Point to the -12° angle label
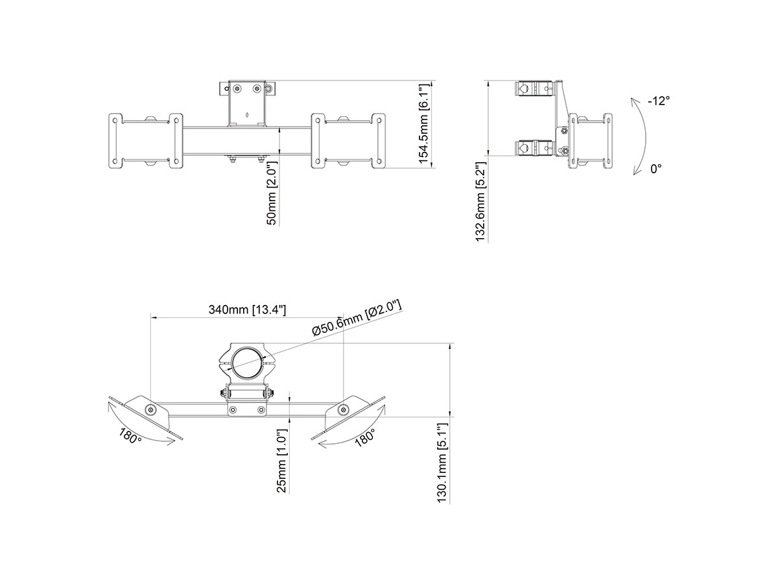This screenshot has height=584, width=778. click(x=659, y=101)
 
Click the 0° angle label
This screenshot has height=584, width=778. click(x=655, y=169)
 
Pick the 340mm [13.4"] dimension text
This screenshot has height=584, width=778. click(x=247, y=310)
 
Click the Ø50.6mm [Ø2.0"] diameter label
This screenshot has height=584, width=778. click(x=357, y=318)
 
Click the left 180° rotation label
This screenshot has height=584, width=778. click(x=130, y=436)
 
